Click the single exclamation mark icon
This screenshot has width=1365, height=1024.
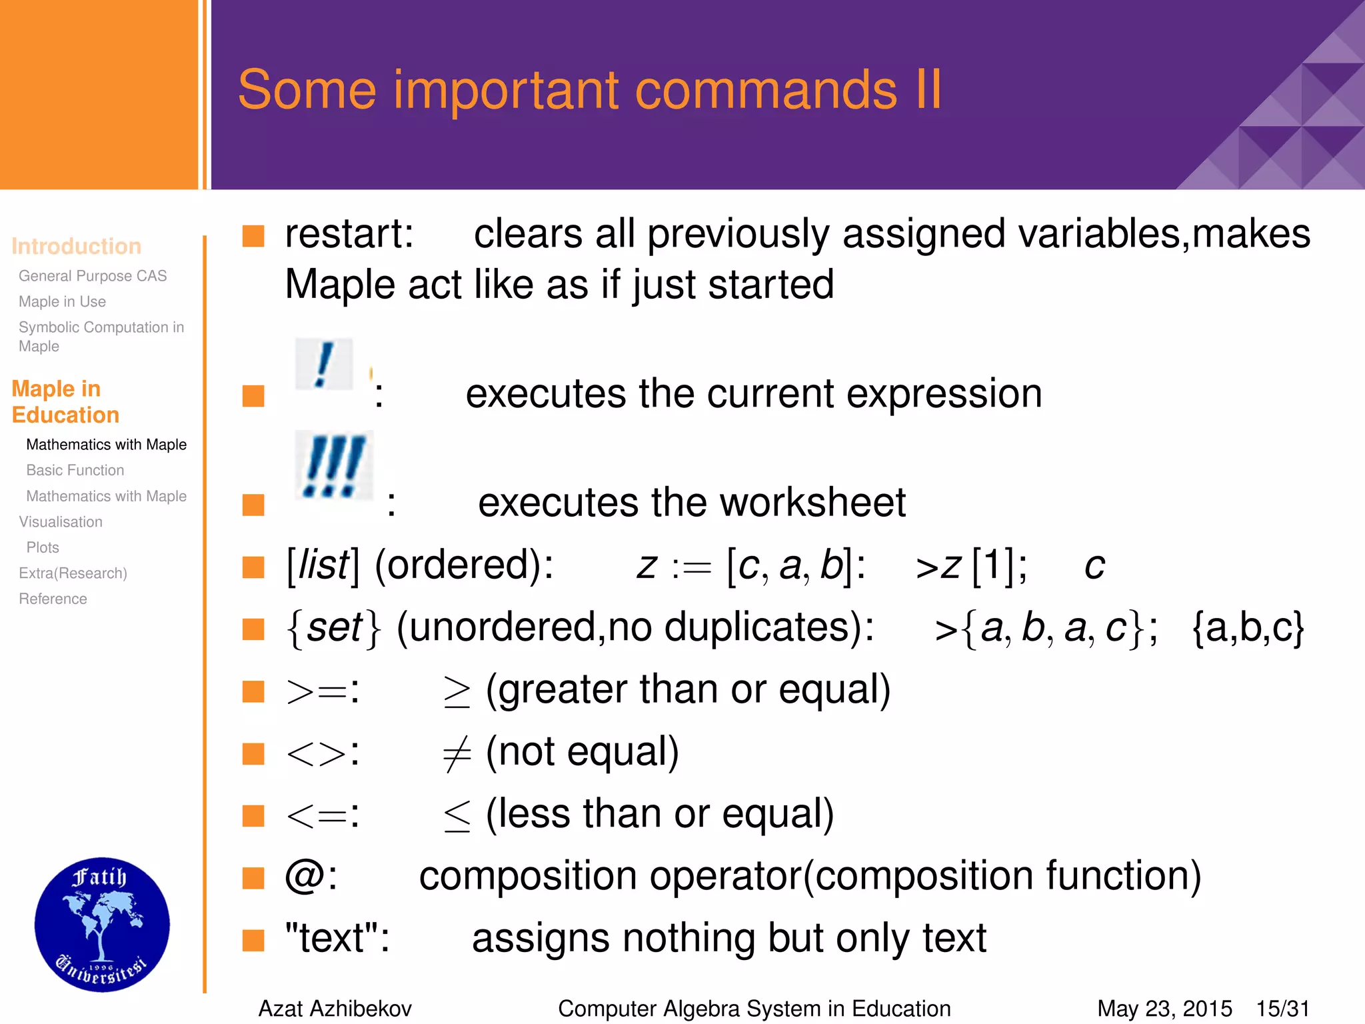coord(324,364)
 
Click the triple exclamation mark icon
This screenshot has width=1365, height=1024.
coord(334,465)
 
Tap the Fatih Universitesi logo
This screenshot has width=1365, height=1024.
coord(102,925)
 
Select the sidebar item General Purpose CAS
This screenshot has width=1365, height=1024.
coord(93,276)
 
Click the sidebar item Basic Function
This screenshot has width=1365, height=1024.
coord(75,470)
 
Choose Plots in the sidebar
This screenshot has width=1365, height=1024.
coord(43,547)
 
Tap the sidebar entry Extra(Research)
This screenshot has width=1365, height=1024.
coord(73,573)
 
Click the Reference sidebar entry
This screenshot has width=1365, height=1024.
coord(53,599)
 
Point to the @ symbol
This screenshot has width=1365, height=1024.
coord(305,875)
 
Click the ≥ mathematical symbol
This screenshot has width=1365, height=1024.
coord(457,692)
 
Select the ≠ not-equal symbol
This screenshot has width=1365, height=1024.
coord(457,754)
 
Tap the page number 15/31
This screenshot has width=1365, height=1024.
coord(1283,1009)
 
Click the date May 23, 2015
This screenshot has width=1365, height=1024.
coord(1164,1009)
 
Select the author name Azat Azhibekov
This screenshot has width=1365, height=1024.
coord(335,1009)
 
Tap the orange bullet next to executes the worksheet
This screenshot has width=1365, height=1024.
coord(253,505)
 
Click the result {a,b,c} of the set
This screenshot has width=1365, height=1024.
coord(1248,628)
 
